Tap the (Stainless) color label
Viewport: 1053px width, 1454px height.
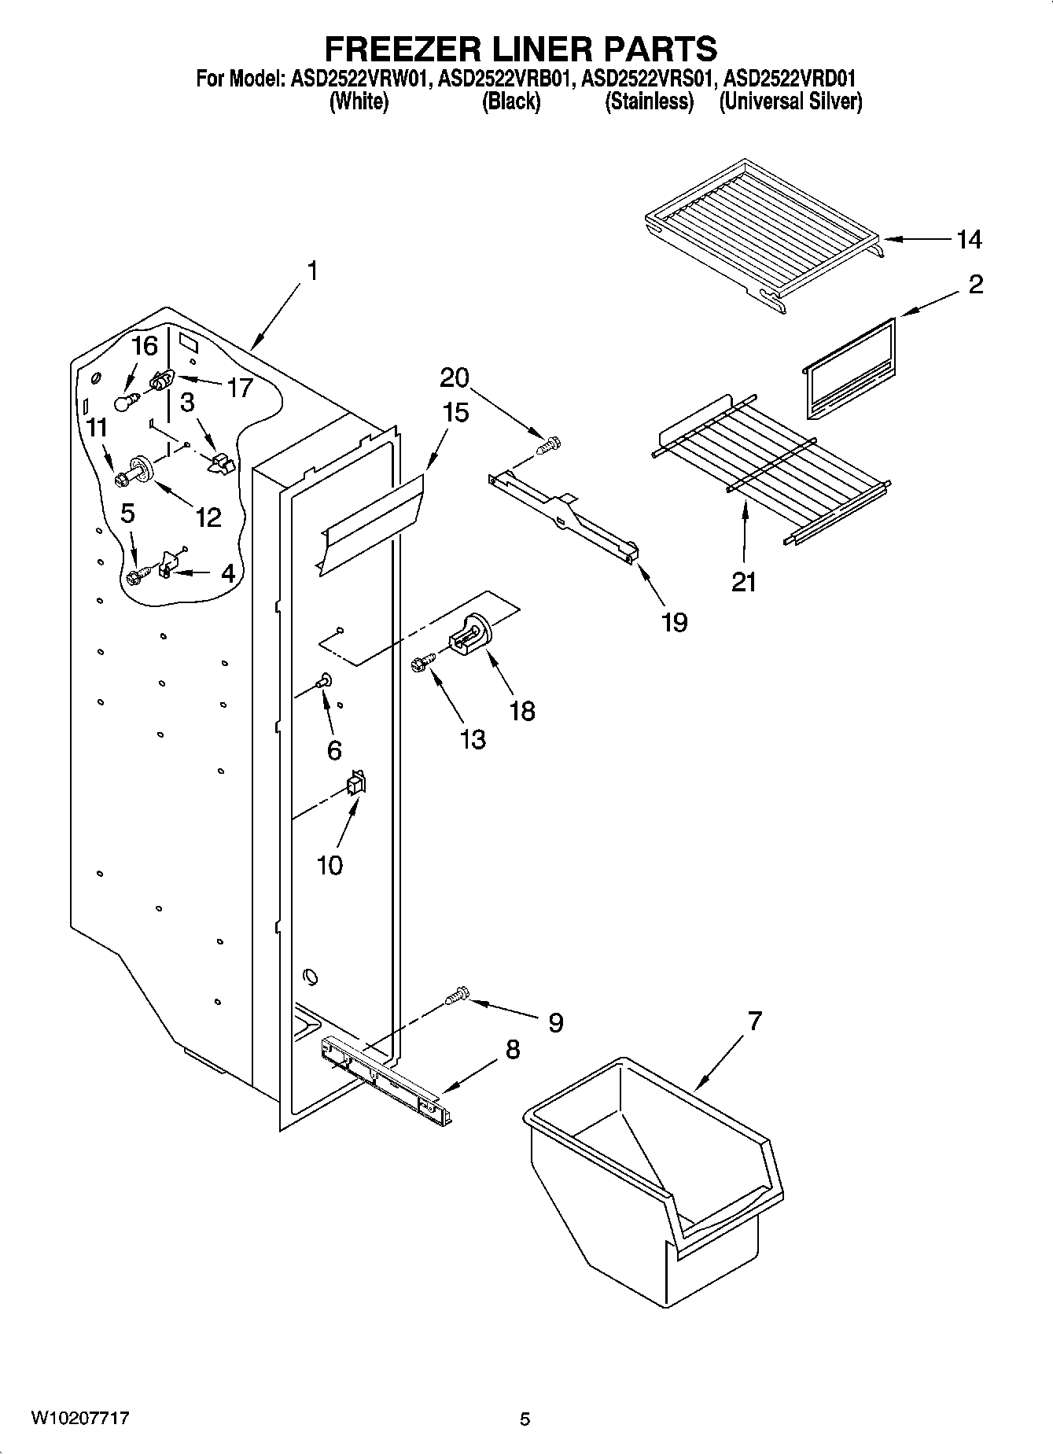tap(649, 101)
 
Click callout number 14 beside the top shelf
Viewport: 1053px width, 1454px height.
tap(969, 239)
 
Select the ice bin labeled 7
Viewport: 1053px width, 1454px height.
tap(653, 1172)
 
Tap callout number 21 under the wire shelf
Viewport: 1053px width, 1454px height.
tap(744, 582)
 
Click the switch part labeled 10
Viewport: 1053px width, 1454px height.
tap(356, 783)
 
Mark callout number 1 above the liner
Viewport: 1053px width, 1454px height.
tap(312, 271)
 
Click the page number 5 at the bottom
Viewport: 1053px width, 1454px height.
tap(525, 1419)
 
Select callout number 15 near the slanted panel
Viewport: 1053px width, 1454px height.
tap(455, 412)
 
